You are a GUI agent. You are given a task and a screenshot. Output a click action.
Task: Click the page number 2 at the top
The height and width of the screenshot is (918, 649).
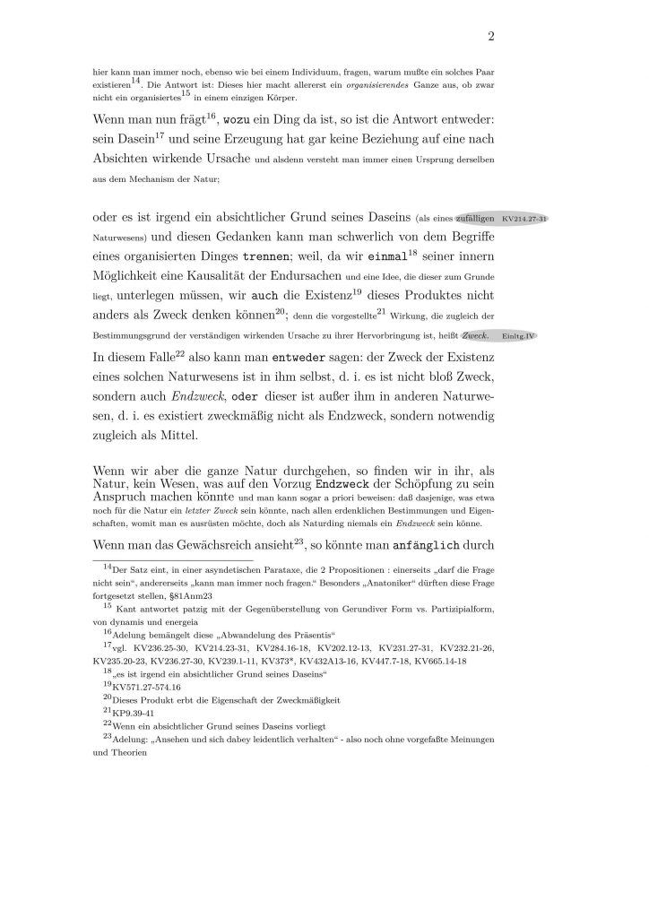pos(491,37)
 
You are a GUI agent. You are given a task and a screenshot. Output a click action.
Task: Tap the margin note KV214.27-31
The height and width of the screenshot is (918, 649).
pos(525,219)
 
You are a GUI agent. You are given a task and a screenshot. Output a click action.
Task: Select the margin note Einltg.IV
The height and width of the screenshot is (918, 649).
pos(519,359)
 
